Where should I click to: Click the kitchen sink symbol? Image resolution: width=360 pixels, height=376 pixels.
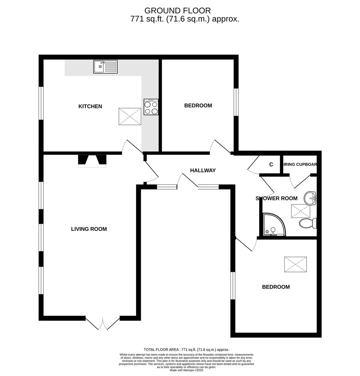(x=105, y=66)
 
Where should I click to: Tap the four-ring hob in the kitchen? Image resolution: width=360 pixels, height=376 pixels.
(x=151, y=107)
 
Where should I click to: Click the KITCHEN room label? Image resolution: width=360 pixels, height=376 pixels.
(x=90, y=106)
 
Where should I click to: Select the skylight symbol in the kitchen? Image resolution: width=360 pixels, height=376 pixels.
(x=130, y=116)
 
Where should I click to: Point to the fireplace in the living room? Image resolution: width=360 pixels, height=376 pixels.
(x=92, y=160)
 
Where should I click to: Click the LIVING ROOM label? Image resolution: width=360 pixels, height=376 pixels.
(x=89, y=229)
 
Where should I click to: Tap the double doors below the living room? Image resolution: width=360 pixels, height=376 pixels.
(x=103, y=323)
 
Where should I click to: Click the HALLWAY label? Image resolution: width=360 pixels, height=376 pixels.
(x=203, y=170)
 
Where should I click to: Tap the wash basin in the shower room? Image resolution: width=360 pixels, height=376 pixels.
(x=310, y=199)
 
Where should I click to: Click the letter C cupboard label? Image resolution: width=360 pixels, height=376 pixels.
(x=271, y=165)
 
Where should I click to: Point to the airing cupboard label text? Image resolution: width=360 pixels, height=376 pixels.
(x=300, y=164)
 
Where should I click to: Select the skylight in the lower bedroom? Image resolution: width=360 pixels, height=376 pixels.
(x=295, y=265)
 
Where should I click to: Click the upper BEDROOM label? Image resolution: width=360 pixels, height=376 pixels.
(x=198, y=105)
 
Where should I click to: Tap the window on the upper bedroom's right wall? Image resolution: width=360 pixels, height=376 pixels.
(x=236, y=102)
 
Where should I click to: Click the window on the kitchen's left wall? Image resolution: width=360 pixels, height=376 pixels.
(x=41, y=103)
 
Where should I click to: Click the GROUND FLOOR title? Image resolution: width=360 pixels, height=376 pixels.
(x=177, y=11)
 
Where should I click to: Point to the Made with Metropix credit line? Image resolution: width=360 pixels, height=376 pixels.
(x=186, y=370)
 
